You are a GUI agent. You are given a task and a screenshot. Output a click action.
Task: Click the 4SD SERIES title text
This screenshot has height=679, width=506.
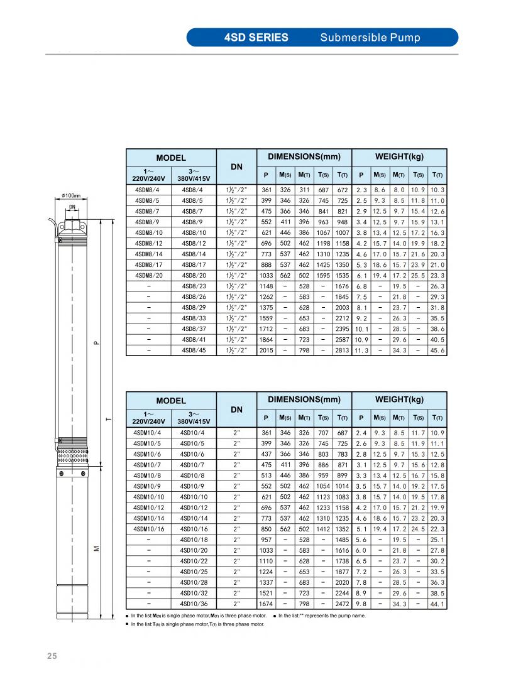256,37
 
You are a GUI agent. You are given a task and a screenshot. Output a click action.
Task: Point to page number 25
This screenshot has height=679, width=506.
52,656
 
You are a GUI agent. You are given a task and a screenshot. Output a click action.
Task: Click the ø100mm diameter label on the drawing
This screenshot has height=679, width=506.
72,195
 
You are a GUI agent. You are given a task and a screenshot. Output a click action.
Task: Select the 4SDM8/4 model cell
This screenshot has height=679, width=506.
148,189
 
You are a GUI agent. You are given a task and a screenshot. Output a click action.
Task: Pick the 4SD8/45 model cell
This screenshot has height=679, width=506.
193,350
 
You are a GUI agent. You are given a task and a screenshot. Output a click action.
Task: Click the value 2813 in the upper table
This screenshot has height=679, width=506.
343,350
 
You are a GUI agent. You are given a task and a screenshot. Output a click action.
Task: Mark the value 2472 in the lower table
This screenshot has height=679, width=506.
343,604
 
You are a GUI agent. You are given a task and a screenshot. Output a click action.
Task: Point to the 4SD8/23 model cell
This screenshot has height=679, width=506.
193,286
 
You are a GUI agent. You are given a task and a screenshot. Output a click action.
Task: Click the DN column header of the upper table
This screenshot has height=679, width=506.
236,166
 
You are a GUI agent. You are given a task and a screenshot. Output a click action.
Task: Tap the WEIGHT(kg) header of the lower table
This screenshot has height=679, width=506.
399,399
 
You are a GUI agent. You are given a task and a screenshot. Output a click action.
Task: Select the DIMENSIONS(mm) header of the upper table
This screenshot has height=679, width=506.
304,156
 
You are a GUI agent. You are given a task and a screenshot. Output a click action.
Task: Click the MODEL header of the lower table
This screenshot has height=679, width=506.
171,401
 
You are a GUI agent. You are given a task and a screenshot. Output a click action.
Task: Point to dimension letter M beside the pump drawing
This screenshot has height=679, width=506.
96,548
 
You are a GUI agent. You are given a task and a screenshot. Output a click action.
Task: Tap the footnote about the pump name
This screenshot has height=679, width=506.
322,616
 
